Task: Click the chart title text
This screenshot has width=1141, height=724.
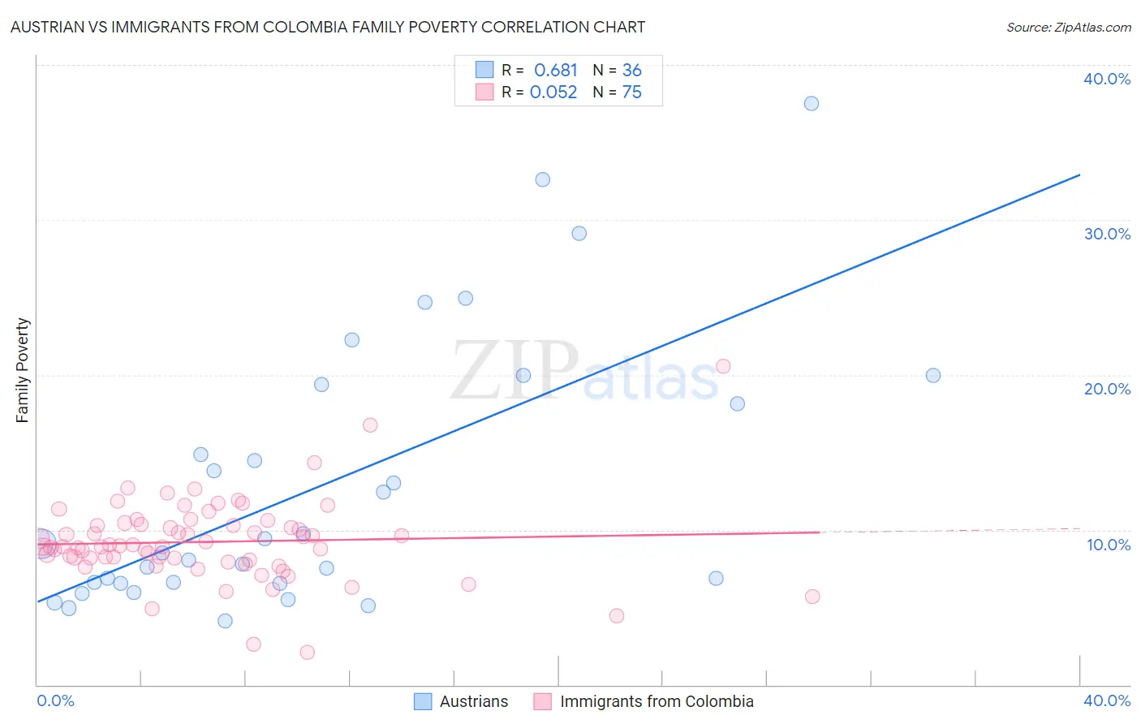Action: click(x=327, y=27)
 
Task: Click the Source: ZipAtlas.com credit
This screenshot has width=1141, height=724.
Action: click(x=1068, y=27)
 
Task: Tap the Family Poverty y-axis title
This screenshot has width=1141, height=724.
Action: click(x=23, y=370)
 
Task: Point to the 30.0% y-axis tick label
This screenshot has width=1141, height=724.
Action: click(x=1107, y=234)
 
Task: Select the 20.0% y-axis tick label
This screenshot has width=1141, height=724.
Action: click(x=1107, y=389)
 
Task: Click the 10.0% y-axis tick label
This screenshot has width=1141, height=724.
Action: click(x=1108, y=545)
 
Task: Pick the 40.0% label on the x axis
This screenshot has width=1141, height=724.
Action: click(x=1107, y=700)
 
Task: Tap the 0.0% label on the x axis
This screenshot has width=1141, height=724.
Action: click(x=55, y=700)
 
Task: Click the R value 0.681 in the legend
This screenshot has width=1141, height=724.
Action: click(x=555, y=71)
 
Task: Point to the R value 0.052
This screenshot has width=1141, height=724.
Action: click(x=553, y=93)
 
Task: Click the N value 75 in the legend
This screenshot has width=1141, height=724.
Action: click(x=631, y=93)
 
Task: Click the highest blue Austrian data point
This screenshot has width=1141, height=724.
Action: click(x=811, y=103)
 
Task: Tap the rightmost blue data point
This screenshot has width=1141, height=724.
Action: click(x=933, y=375)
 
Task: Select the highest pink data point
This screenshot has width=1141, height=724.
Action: click(x=723, y=366)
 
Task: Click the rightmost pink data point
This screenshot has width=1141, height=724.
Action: click(x=812, y=597)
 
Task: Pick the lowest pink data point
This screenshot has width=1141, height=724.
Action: click(x=307, y=652)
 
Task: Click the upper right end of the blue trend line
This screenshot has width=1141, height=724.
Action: click(x=1079, y=175)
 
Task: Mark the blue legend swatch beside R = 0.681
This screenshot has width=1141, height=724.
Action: click(x=484, y=70)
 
